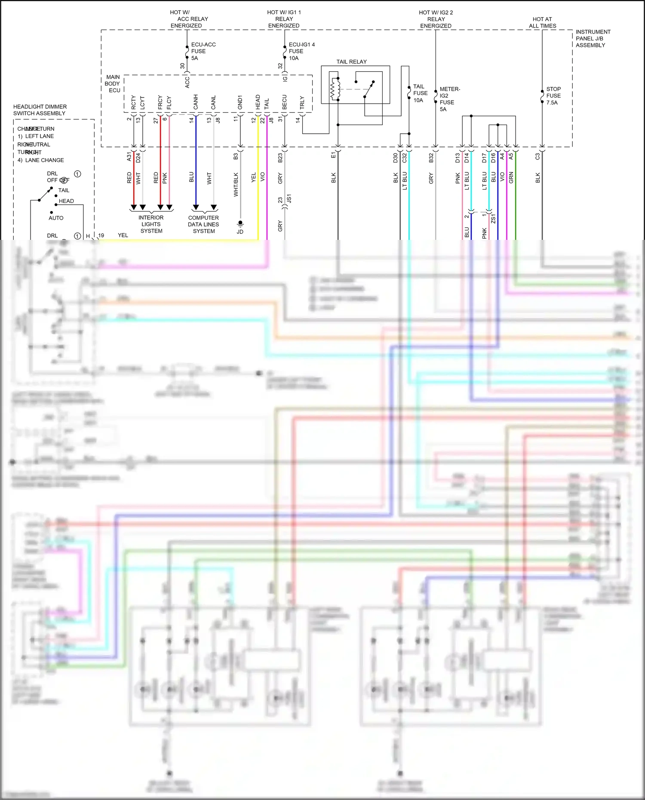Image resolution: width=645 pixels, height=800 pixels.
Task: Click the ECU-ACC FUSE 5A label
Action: click(203, 51)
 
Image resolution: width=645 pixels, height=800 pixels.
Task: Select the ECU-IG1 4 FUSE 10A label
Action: click(301, 51)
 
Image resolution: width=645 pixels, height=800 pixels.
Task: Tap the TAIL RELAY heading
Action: click(351, 62)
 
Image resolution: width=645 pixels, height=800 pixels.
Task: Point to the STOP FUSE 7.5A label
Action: click(553, 96)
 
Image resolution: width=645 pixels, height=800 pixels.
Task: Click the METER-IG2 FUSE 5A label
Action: click(449, 99)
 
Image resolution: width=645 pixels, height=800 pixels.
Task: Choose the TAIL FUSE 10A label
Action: click(420, 93)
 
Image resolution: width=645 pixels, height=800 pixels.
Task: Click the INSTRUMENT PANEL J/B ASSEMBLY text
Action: click(593, 38)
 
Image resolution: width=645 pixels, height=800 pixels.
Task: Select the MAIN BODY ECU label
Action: click(113, 84)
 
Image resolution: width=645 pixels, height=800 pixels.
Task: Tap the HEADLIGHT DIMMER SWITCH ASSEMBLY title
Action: click(40, 110)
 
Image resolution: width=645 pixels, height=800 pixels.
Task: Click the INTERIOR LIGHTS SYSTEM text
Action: click(151, 224)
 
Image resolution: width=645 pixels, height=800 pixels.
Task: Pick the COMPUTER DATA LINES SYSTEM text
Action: click(203, 224)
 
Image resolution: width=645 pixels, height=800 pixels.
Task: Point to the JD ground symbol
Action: click(240, 224)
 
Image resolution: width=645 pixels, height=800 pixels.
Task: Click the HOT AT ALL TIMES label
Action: click(542, 22)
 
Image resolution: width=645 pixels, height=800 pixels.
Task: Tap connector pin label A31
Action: click(129, 157)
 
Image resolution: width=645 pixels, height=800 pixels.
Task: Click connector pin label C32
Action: click(404, 158)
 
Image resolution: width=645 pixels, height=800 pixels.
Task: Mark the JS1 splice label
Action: click(289, 199)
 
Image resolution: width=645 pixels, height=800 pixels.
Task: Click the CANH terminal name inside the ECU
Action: click(196, 102)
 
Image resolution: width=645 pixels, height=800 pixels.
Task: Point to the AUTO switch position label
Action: click(56, 218)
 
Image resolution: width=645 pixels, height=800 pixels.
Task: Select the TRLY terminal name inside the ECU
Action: click(302, 102)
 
